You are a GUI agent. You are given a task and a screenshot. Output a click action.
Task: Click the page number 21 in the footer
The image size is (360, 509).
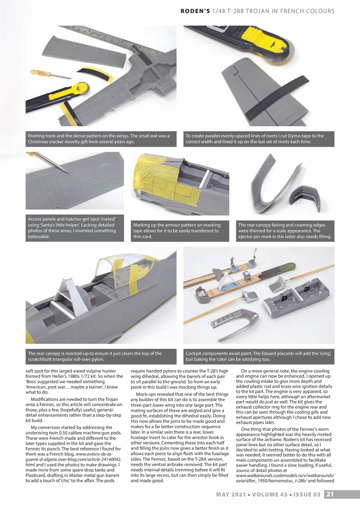(x=330, y=495)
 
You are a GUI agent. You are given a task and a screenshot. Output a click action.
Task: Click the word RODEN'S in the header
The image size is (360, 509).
(x=195, y=11)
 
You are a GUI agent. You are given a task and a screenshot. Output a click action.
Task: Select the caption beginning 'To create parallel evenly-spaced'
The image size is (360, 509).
(x=259, y=139)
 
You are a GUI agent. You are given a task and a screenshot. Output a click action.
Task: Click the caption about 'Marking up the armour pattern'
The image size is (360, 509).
(x=180, y=231)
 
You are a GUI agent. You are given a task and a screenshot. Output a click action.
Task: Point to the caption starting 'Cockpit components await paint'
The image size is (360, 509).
(x=259, y=356)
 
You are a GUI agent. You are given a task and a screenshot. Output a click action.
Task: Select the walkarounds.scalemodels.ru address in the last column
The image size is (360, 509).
(x=285, y=476)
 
